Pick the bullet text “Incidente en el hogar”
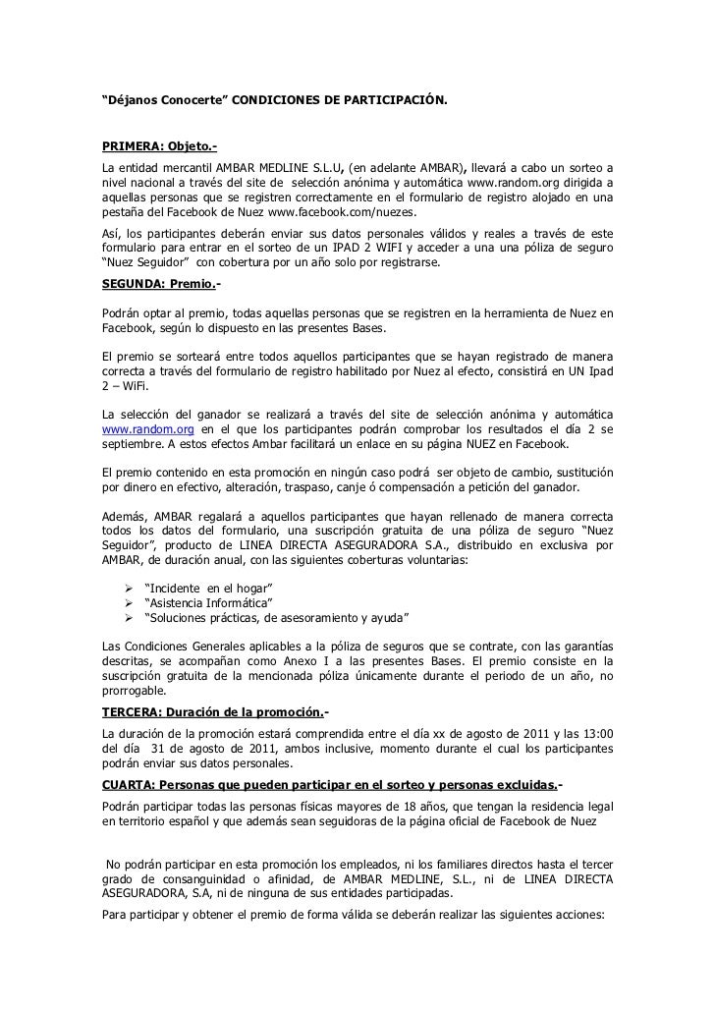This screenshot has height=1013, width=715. [x=207, y=588]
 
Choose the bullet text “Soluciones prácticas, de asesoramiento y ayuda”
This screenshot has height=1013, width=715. [x=276, y=616]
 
